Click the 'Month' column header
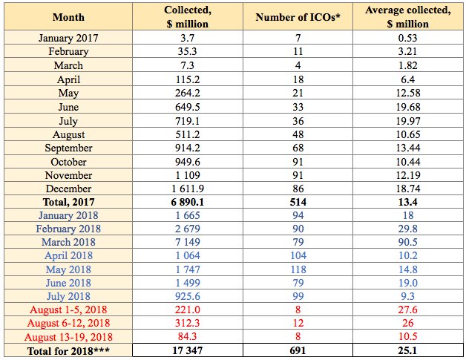click(68, 17)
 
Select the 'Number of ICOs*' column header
click(298, 17)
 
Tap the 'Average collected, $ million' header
click(408, 16)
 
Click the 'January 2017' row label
click(68, 38)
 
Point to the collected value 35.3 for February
click(187, 51)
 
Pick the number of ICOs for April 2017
click(298, 79)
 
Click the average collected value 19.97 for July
click(408, 121)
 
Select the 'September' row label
click(68, 148)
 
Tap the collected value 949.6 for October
click(187, 162)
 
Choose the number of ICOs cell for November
click(298, 175)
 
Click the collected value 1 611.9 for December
click(188, 189)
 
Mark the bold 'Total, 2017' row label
click(68, 202)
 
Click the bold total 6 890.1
click(187, 202)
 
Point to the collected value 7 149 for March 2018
click(188, 242)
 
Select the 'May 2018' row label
click(68, 269)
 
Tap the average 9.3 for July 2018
click(408, 296)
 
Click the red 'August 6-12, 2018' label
click(68, 323)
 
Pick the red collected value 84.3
click(187, 336)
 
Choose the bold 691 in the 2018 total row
click(298, 350)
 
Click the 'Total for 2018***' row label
click(68, 351)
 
